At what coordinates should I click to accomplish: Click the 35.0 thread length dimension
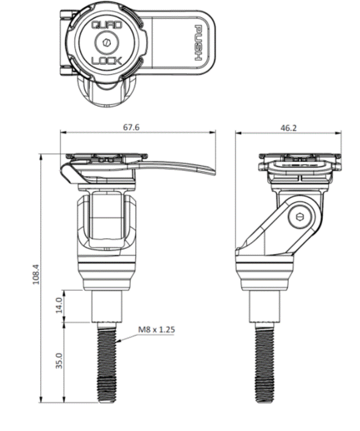pos(58,360)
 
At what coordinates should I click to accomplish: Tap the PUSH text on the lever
pos(198,44)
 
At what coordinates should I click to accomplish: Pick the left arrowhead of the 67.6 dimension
pos(63,133)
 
